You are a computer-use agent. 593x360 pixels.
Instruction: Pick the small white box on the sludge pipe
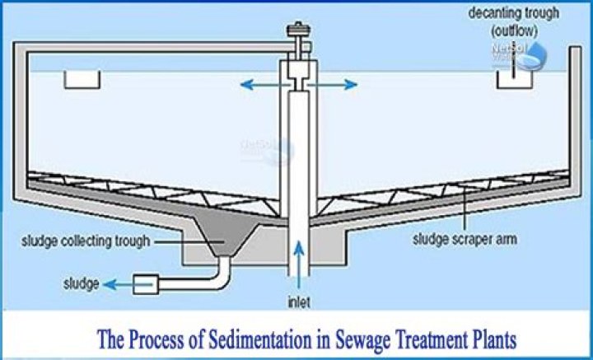(145, 283)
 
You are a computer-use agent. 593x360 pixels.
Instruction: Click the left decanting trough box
(82, 80)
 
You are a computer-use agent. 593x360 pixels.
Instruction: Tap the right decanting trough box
(511, 80)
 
